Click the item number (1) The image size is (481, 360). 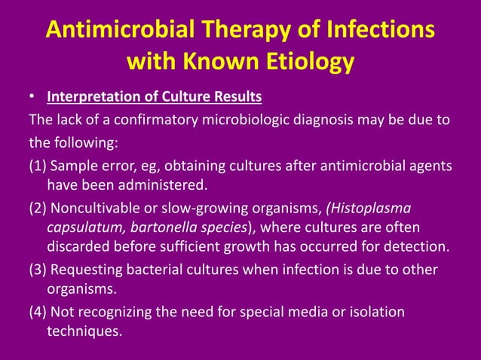37,166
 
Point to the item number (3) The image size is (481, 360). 37,270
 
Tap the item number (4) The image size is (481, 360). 37,312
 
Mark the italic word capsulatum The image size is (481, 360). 82,227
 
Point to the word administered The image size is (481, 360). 163,185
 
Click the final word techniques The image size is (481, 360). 84,330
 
